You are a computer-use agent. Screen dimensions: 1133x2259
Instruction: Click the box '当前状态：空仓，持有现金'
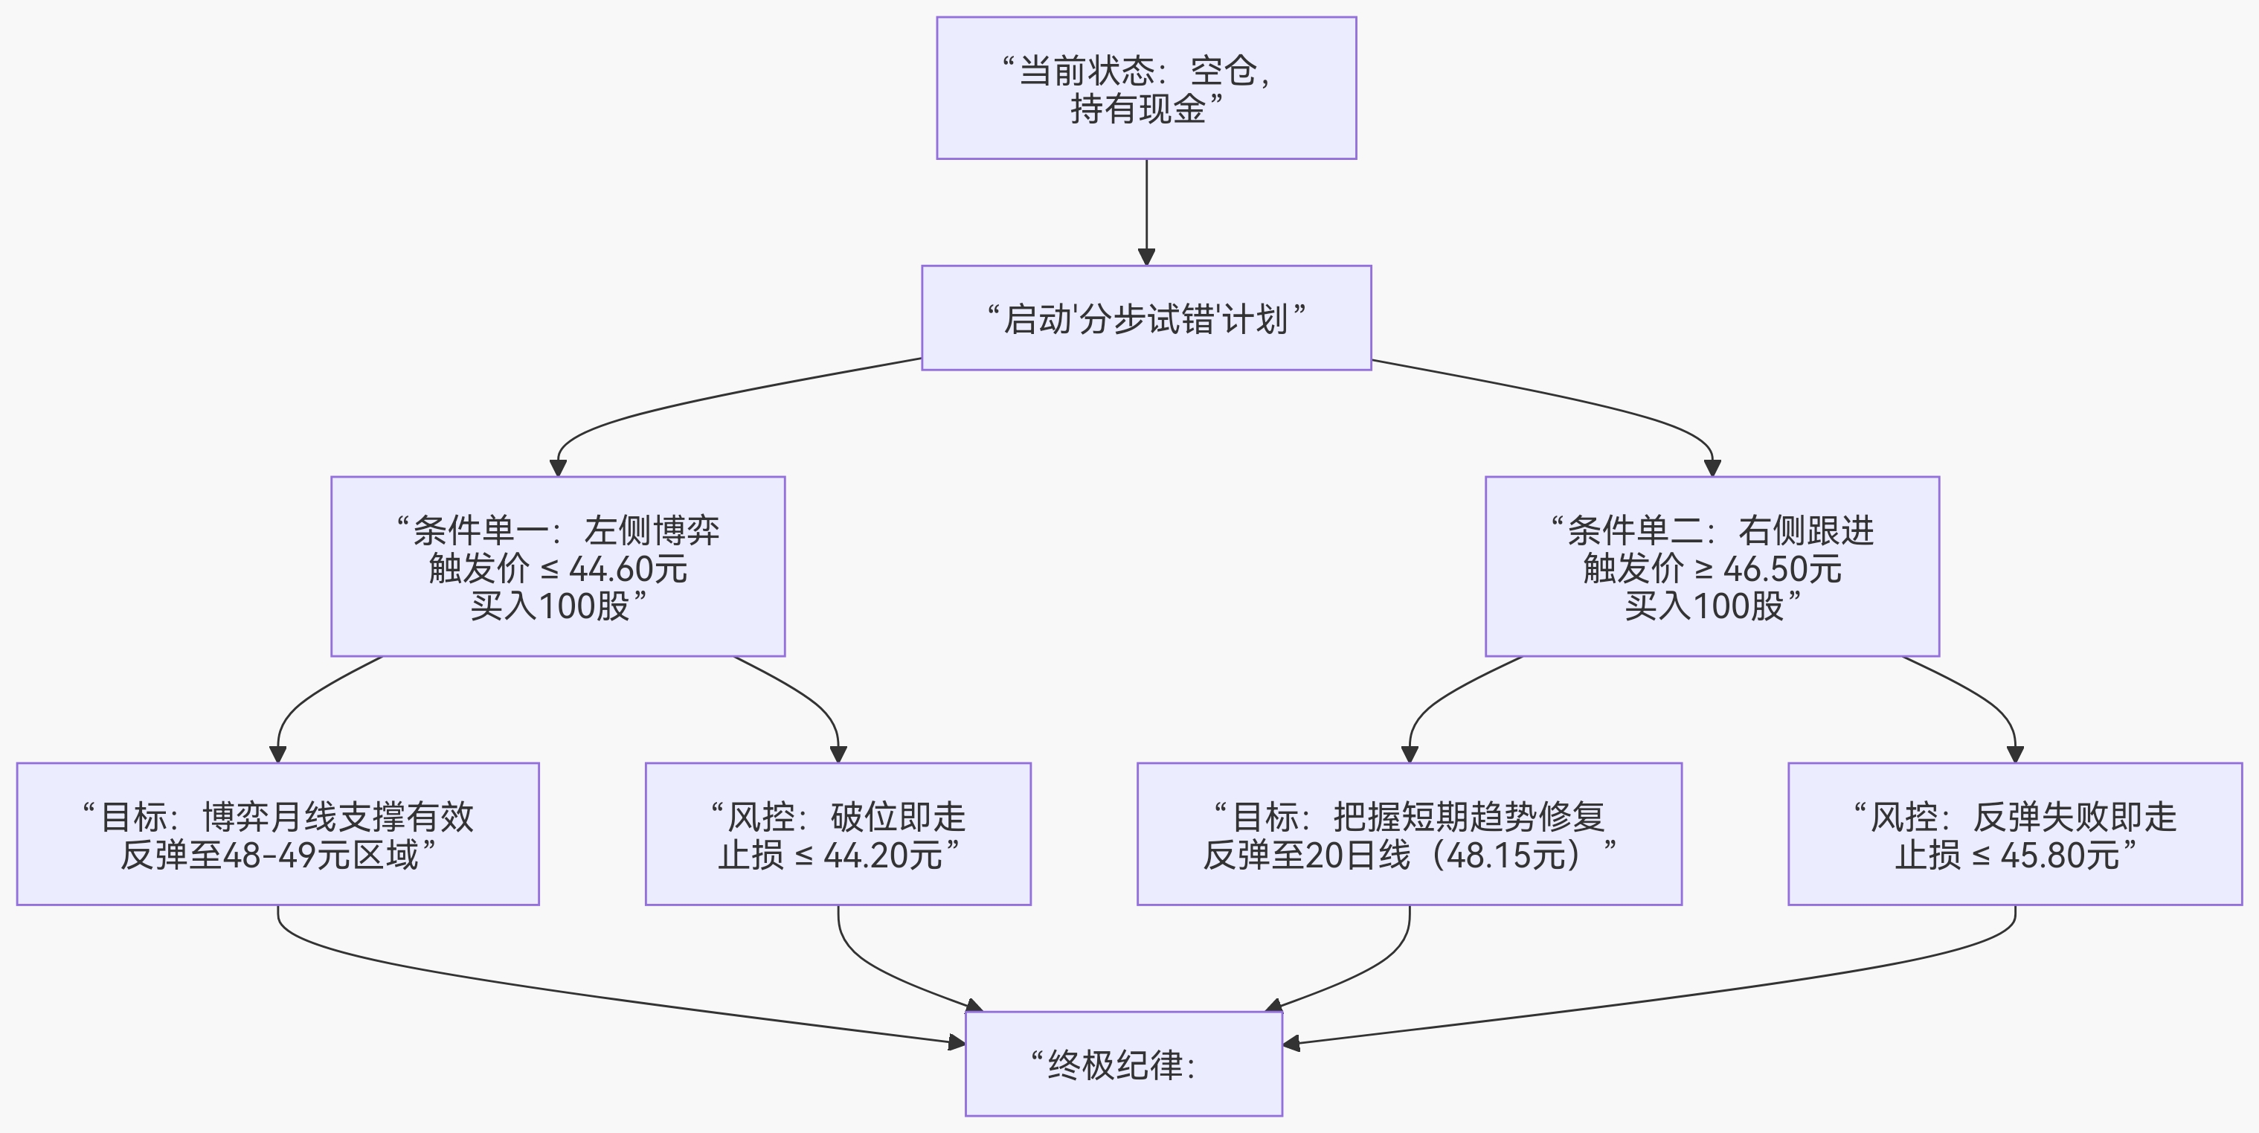point(1146,88)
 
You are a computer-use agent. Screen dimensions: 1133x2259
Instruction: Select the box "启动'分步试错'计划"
point(1146,318)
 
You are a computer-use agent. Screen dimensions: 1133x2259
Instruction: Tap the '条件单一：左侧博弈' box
point(558,565)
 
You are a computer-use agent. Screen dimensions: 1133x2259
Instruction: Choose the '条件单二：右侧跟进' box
point(1712,565)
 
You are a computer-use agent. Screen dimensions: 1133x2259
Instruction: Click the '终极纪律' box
point(1123,1064)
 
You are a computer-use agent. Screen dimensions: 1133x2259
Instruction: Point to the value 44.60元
point(628,569)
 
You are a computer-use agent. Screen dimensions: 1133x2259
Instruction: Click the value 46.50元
point(1782,569)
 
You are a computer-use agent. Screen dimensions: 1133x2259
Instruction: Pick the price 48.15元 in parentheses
point(1506,855)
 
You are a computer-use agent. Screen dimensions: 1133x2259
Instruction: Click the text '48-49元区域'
point(321,855)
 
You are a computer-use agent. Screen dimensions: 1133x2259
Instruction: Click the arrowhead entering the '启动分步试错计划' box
point(1146,256)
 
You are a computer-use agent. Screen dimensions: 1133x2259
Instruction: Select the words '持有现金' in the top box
point(1137,109)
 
